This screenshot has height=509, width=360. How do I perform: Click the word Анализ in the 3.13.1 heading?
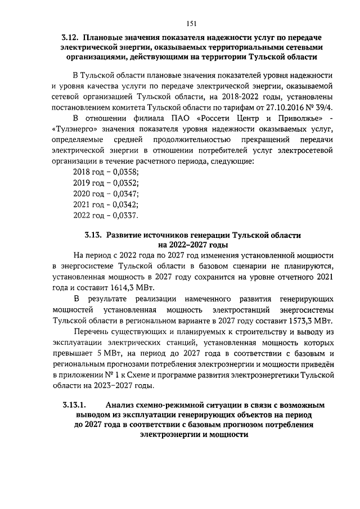point(121,405)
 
